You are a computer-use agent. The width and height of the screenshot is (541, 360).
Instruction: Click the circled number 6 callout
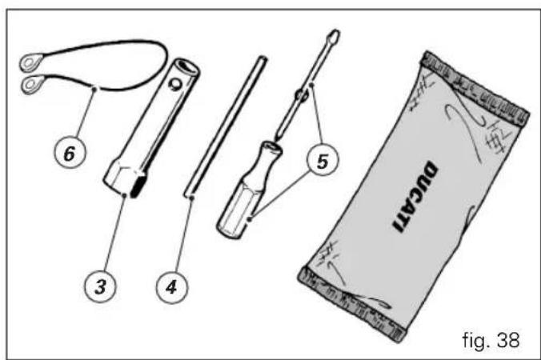coord(70,152)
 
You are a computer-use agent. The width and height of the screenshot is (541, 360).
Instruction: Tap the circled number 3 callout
coord(100,286)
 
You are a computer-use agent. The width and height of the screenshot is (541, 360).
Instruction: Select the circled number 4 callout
coord(171,286)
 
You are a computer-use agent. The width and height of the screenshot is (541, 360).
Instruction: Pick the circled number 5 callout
coord(323,161)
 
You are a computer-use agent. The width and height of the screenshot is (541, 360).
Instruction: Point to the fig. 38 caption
coord(491,340)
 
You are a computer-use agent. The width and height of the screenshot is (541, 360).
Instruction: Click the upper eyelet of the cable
coord(30,62)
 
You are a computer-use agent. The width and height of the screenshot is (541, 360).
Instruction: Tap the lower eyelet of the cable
coord(32,84)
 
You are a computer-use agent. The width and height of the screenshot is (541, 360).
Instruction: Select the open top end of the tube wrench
coord(186,67)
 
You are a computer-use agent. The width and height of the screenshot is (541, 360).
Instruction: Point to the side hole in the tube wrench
coord(174,84)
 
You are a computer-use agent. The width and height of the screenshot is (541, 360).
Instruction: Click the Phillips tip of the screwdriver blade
coord(334,36)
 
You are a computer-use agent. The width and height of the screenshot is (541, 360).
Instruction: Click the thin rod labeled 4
coord(226,126)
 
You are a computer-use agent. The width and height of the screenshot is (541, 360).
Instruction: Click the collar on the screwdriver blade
coord(301,96)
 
